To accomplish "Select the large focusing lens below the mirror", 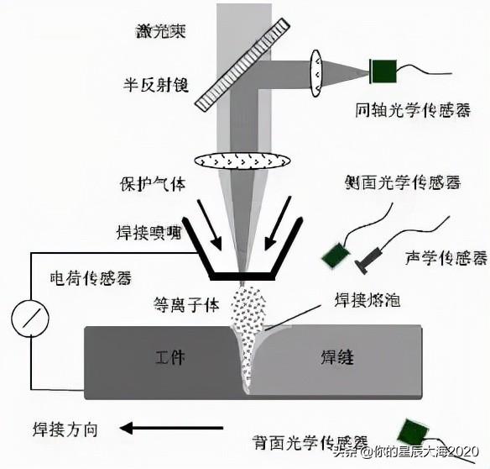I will click(241, 160).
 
